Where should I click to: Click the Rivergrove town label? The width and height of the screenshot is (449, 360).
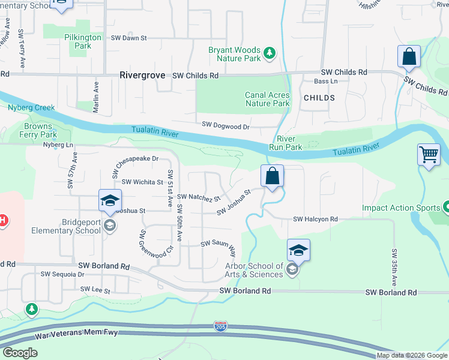tap(144, 76)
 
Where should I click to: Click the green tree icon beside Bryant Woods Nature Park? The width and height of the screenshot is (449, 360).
tap(270, 54)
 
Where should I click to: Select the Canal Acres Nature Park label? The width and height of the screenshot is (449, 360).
tap(267, 99)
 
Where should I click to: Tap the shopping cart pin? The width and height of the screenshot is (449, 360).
tap(429, 155)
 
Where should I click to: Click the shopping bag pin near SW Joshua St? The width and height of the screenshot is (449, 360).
tap(272, 176)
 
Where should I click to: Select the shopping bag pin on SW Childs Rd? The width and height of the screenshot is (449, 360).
tap(409, 58)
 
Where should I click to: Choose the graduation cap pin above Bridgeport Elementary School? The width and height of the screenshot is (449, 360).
tap(110, 201)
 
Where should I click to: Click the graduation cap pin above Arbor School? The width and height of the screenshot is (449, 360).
tap(298, 250)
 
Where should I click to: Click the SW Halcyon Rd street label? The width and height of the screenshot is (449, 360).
tap(316, 220)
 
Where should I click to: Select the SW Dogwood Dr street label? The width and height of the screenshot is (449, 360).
tap(226, 126)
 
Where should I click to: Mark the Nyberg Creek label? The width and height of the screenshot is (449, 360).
tap(31, 108)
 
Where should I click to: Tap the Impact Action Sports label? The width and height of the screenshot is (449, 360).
tap(401, 208)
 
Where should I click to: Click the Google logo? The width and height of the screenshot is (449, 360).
tap(20, 353)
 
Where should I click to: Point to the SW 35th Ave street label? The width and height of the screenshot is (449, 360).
tap(395, 267)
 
